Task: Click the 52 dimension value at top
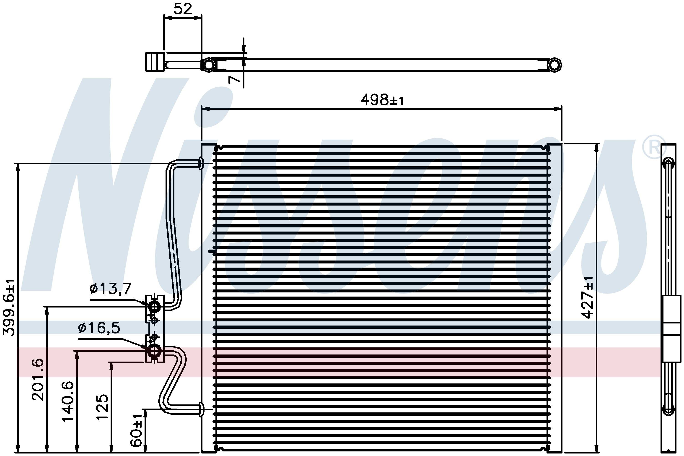point(183,9)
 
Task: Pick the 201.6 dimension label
point(38,380)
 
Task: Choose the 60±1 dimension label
point(136,431)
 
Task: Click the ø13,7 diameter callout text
point(110,289)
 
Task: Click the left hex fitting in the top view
point(209,64)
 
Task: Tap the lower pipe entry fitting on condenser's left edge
point(201,410)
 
